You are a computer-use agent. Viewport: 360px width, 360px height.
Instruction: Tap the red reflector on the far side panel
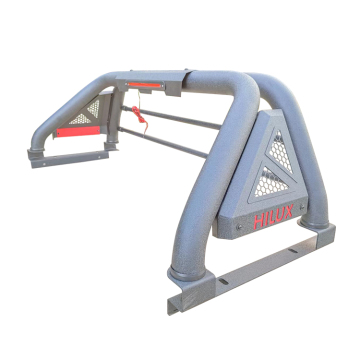(x=74, y=131)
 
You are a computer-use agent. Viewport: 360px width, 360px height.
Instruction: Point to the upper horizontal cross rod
(x=180, y=120)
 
